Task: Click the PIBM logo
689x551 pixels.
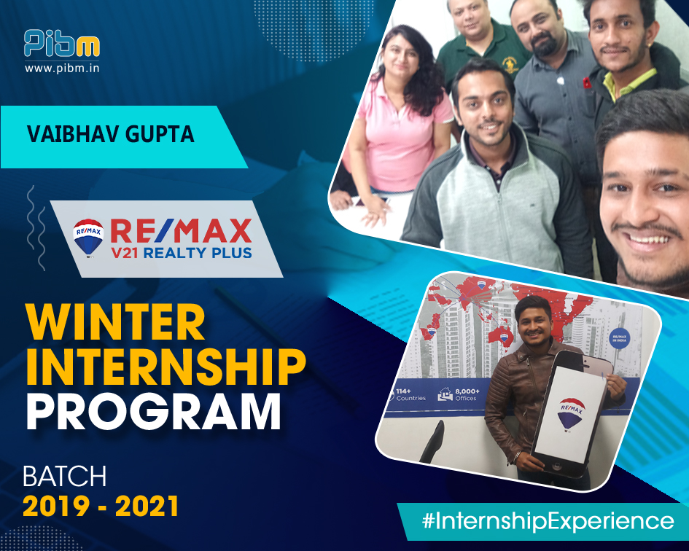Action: coord(61,44)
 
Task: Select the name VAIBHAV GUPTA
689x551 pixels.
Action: coord(110,136)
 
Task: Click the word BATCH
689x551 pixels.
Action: coord(65,477)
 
